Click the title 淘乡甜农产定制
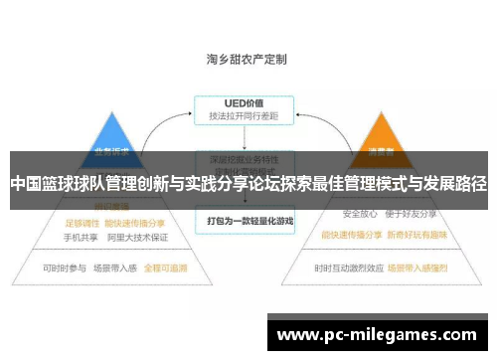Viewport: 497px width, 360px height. pos(246,59)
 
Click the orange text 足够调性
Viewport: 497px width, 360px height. pos(83,223)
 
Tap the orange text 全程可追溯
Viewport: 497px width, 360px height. pos(166,269)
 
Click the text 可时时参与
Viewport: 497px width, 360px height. pos(64,269)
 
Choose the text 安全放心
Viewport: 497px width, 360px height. pos(360,214)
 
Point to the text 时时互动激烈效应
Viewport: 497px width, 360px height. pos(348,268)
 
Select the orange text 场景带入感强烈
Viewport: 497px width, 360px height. pos(421,268)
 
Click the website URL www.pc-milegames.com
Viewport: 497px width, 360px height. pos(377,335)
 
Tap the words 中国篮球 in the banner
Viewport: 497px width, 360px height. pos(38,184)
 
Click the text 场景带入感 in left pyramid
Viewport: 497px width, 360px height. pos(115,269)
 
